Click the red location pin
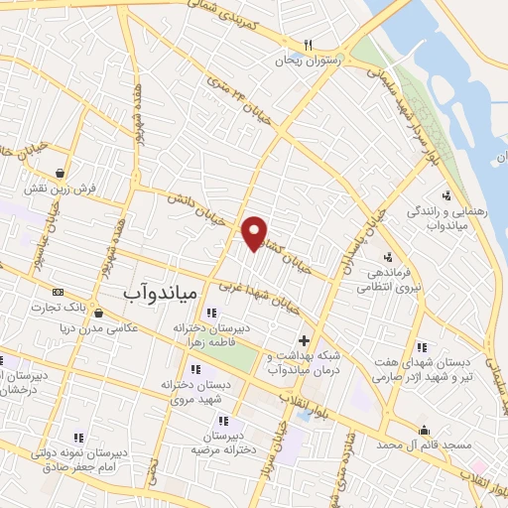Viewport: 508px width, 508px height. pos(255,232)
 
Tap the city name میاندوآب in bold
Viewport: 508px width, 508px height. pos(163,295)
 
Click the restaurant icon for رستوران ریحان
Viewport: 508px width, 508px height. pos(309,45)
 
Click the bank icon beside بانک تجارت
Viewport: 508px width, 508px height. pos(59,293)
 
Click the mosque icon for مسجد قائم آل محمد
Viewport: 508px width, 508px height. pos(425,430)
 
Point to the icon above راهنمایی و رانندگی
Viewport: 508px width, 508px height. pos(447,195)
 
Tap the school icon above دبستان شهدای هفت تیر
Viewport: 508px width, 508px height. pos(421,347)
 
